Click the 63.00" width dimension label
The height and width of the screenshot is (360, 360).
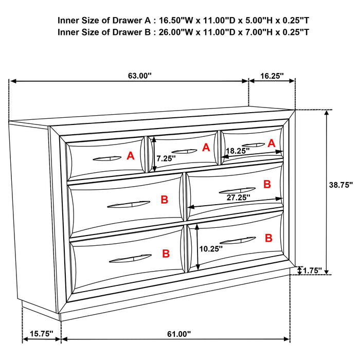pyautogui.click(x=140, y=76)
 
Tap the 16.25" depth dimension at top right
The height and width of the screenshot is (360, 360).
pyautogui.click(x=272, y=76)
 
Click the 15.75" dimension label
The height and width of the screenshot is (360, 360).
pyautogui.click(x=41, y=334)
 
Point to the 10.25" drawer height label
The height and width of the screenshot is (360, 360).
pyautogui.click(x=210, y=248)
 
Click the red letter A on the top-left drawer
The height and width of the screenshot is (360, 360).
pyautogui.click(x=130, y=155)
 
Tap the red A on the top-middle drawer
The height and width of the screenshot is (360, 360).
pyautogui.click(x=206, y=148)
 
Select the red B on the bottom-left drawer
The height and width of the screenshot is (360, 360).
pyautogui.click(x=166, y=254)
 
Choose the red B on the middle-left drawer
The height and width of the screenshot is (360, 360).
pyautogui.click(x=164, y=200)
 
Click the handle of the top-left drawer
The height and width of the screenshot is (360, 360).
pyautogui.click(x=107, y=158)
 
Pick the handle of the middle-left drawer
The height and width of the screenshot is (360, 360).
pyautogui.click(x=129, y=205)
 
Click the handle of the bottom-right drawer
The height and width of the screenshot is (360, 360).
pyautogui.click(x=237, y=240)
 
